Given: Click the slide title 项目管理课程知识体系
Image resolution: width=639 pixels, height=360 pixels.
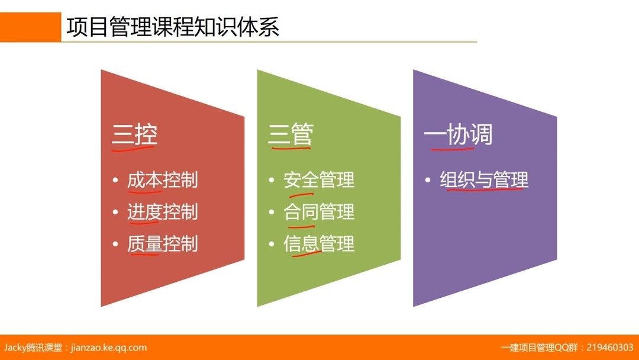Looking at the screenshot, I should tap(173, 28).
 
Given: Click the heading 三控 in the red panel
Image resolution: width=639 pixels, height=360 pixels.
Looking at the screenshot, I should tap(134, 136).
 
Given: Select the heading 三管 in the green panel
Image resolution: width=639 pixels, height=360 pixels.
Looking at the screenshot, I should tap(290, 136).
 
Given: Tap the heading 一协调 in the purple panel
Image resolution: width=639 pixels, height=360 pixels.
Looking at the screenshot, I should tap(457, 136).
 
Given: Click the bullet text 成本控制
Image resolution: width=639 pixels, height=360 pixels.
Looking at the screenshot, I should tap(162, 180).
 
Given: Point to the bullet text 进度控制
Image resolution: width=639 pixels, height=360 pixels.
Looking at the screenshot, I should tap(162, 212).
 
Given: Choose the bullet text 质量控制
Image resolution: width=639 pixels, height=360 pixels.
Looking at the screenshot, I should tap(162, 244).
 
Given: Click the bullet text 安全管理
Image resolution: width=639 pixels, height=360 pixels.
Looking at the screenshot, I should tap(319, 180).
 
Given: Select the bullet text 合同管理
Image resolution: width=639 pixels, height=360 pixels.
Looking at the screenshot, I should tap(319, 212).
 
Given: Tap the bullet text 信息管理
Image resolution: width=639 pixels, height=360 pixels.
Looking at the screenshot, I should tap(319, 244).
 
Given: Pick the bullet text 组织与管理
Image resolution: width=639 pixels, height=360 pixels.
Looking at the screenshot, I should tap(484, 180).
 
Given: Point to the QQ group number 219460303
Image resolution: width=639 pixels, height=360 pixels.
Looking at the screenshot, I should tap(609, 348).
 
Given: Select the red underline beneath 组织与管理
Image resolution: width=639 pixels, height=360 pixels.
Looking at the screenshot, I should tap(485, 190).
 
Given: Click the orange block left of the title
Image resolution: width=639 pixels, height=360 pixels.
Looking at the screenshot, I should tap(30, 27).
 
